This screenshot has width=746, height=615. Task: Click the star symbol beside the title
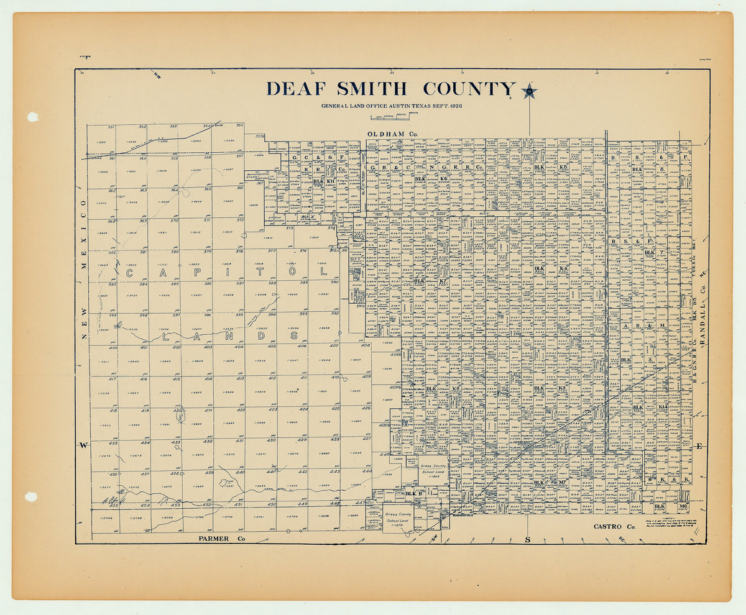click(x=529, y=92)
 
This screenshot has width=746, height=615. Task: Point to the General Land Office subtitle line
click(x=392, y=106)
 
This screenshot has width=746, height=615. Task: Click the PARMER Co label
click(x=221, y=539)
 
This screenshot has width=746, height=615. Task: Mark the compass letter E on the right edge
click(x=699, y=446)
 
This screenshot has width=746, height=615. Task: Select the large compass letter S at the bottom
click(x=528, y=539)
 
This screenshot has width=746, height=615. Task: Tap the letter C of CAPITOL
click(x=131, y=272)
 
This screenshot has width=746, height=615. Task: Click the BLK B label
click(x=413, y=494)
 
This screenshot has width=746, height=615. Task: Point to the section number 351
click(x=111, y=127)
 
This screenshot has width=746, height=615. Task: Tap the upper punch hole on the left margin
click(x=32, y=117)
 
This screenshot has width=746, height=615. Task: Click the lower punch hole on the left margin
click(x=31, y=497)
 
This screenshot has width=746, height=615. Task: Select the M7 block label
click(x=561, y=482)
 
